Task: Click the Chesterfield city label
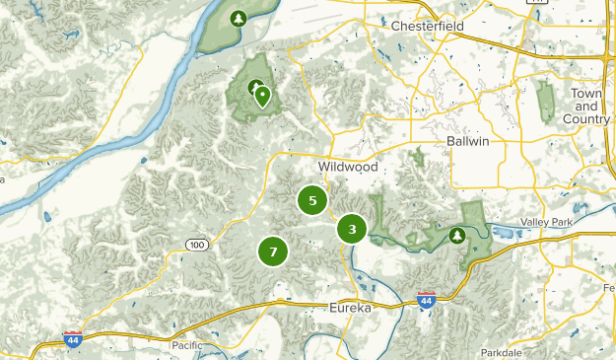coord(428,25)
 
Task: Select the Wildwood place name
coord(348,168)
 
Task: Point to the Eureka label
coord(350,308)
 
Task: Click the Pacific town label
coord(187,345)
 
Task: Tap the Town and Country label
coord(587,106)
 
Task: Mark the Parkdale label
coord(503,352)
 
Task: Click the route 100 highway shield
coord(198,244)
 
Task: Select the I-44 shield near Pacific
coord(73,339)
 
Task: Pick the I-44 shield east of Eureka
coord(426,300)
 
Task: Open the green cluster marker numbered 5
coord(312,200)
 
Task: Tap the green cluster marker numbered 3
coord(352,229)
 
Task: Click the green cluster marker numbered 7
coord(273,252)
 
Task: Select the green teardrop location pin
coord(262,97)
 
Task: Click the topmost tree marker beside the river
coord(238,18)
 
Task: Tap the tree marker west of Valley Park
coord(457,235)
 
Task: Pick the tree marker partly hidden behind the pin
coord(254,87)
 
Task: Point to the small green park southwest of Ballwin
coord(419,157)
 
